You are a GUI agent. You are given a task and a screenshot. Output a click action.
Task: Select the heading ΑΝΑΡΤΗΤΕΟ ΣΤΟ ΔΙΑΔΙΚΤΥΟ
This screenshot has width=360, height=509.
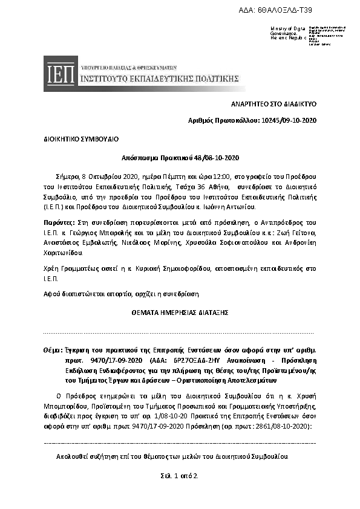(274, 104)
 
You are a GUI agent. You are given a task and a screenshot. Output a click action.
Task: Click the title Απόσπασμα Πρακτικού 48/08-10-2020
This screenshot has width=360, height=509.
(180, 158)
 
